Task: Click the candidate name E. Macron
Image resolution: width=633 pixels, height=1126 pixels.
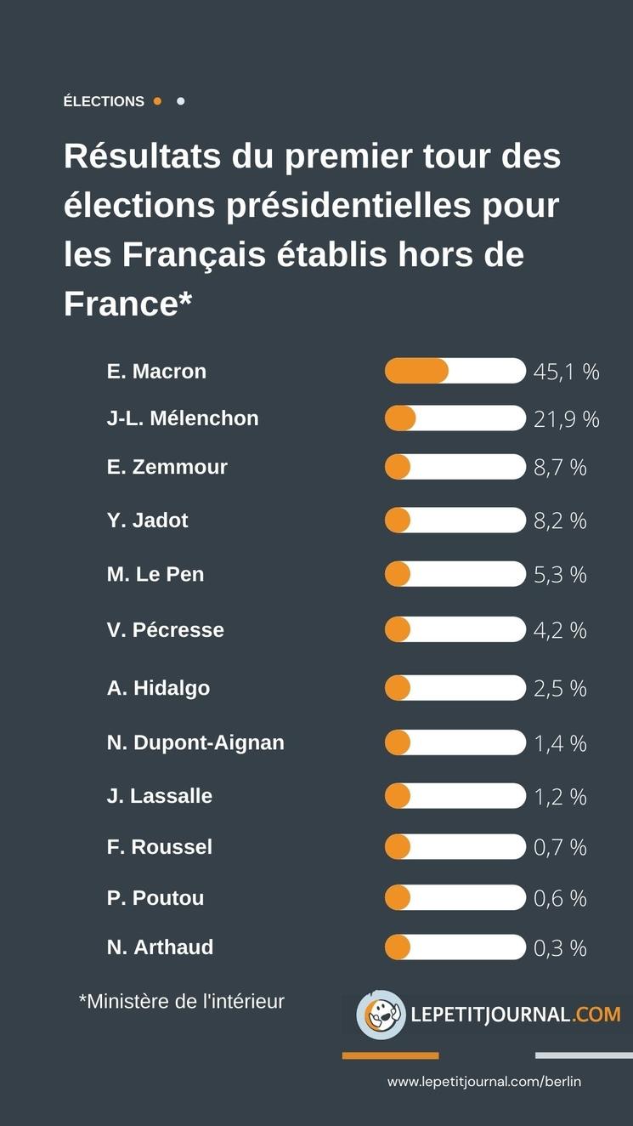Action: coord(156,372)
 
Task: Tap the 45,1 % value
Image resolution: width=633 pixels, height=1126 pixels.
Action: coord(566,372)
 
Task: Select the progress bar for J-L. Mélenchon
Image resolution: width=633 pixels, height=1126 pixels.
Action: coord(455,418)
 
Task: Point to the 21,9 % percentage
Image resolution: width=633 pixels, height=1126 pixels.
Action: coord(566,418)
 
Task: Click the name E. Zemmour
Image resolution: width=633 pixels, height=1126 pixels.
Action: coord(167,467)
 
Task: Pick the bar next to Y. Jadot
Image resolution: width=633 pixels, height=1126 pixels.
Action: coord(455,520)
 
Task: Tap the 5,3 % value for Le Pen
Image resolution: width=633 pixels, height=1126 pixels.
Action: coord(560,575)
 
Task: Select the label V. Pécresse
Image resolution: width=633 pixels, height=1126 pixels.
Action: coord(166,630)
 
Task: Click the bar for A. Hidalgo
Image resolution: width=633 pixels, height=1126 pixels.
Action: coord(455,688)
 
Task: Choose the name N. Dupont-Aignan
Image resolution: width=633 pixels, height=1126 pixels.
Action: coord(195,742)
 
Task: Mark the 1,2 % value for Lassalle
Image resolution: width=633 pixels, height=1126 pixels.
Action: coord(560,797)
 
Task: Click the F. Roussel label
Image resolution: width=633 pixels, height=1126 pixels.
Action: coord(160,847)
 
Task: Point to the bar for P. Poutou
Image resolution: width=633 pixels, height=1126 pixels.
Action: coord(455,898)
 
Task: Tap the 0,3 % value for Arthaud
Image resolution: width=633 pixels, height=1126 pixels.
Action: coord(560,948)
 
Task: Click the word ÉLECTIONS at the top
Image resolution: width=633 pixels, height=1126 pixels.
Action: coord(104,101)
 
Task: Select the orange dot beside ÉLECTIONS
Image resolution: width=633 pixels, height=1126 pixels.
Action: coord(157,101)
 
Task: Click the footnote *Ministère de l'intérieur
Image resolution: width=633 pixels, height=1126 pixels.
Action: coord(181,1002)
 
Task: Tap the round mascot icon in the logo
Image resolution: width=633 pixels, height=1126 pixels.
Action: coord(381,1015)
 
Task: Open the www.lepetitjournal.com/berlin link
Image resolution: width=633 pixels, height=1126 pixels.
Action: coord(484,1082)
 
